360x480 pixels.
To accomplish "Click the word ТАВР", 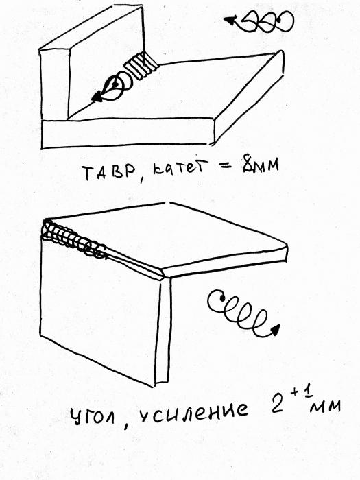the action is pos(109,172).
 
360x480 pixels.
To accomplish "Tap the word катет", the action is pos(178,169).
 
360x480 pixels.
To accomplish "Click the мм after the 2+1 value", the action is pos(325,407).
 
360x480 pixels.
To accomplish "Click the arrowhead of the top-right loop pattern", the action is pos(229,21).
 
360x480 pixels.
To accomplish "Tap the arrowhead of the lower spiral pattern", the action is pos(275,329).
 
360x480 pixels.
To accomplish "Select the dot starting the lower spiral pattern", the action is pos(222,297).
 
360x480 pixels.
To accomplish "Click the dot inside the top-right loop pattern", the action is pos(279,20).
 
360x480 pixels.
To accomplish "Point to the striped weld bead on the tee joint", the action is pos(141,66).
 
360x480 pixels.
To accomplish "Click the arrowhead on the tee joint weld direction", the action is pos(97,97).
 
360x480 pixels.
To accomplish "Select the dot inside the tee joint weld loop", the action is pos(115,84).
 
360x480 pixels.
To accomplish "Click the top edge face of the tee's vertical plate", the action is pos(91,28).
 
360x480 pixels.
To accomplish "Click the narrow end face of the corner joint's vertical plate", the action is pos(163,331).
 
